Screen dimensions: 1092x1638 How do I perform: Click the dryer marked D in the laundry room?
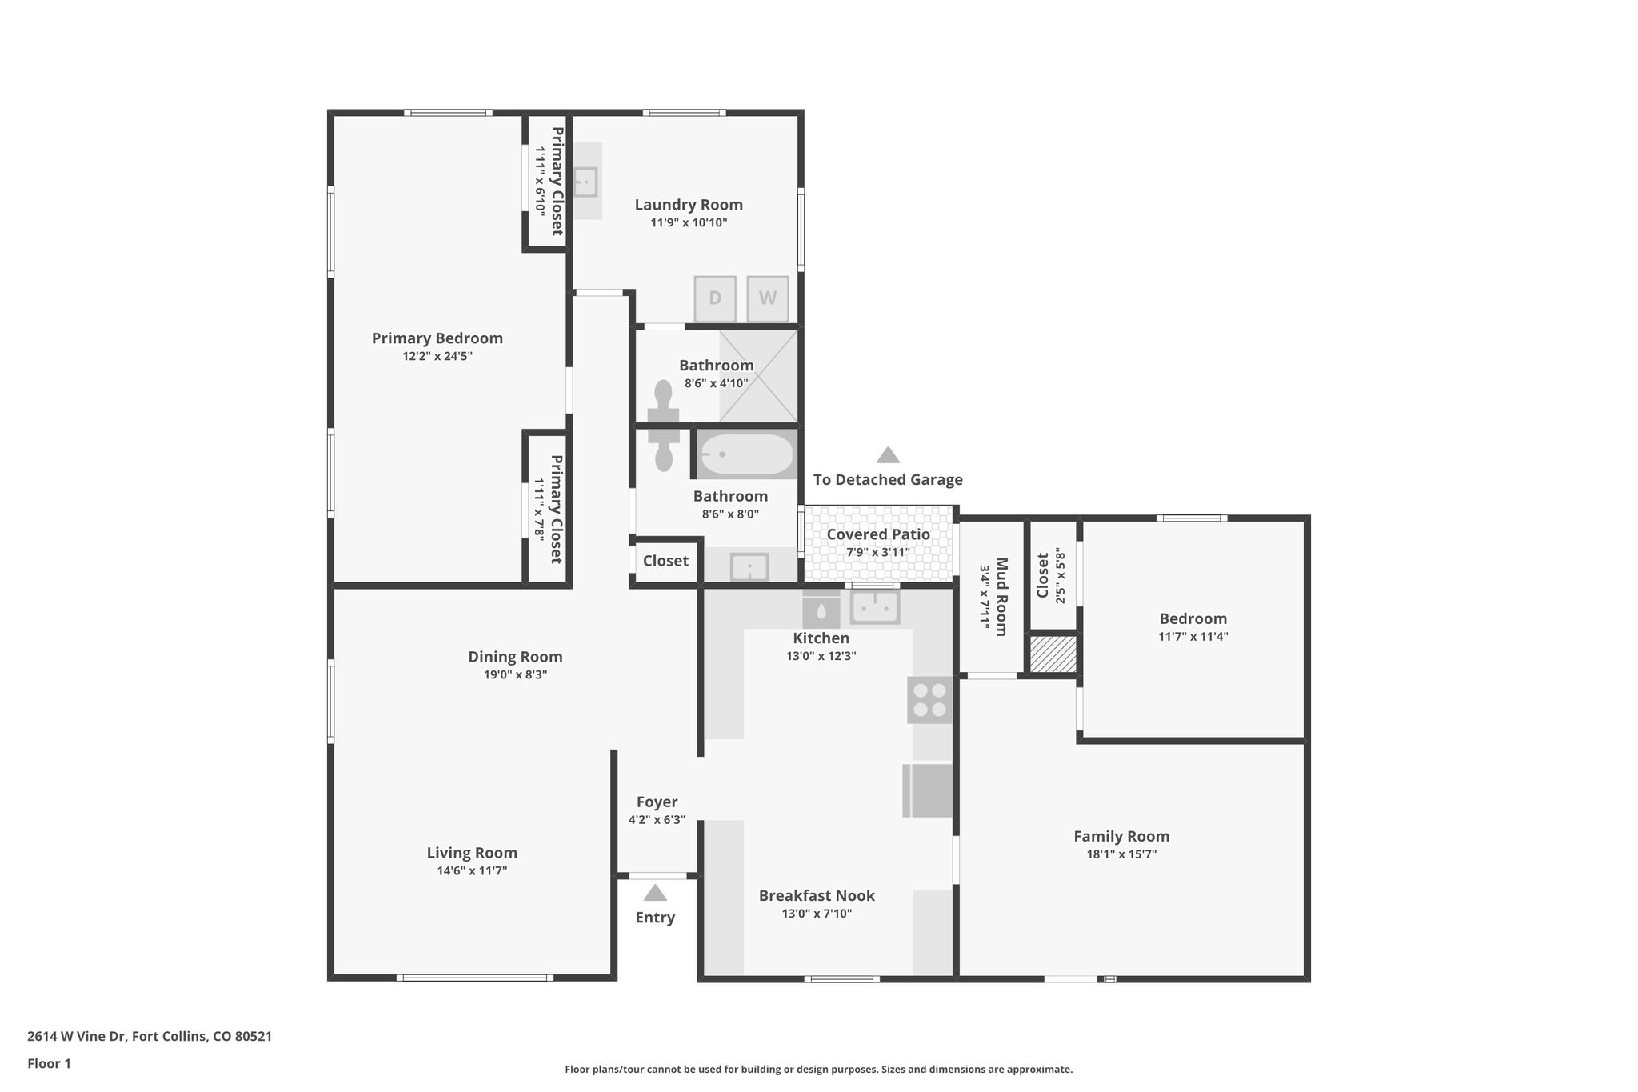coord(715,298)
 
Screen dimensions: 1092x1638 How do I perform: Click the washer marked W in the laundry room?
coord(768,298)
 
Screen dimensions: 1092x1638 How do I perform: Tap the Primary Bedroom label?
coord(437,338)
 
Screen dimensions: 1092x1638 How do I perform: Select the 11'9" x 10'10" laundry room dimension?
coord(689,222)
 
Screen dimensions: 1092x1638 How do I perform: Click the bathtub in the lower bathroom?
coord(746,454)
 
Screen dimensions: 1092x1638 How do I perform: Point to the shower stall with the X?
coord(758,375)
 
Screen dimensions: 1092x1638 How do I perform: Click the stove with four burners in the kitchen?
coord(929,700)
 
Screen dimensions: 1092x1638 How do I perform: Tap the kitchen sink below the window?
coord(875,607)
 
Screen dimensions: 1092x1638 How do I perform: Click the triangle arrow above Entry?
coord(655,892)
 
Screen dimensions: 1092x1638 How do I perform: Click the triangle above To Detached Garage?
coord(888,455)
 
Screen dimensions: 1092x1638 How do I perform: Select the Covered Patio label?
coord(878,534)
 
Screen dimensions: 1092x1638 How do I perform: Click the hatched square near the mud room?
coord(1053,654)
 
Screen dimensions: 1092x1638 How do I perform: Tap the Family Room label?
coord(1121,836)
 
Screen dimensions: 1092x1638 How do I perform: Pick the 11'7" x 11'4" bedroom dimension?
coord(1193,637)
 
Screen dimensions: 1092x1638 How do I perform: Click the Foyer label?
coord(657,802)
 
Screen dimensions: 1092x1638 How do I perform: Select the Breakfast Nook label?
coord(817,896)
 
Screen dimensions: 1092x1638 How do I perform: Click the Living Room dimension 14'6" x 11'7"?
coord(472,870)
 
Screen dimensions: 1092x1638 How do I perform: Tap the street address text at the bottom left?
coord(150,1036)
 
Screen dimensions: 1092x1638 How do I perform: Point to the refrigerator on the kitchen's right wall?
coord(929,790)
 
